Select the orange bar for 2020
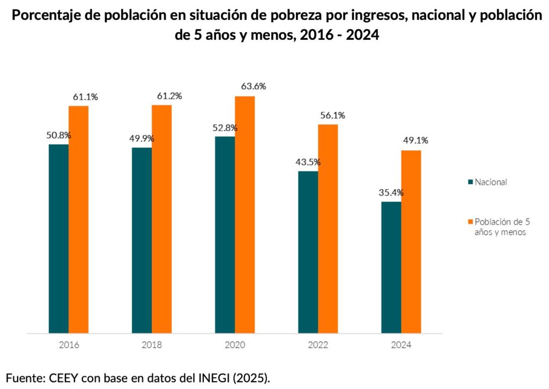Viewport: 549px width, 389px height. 244,215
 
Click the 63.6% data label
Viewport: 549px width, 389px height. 254,86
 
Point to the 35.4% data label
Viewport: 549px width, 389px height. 391,192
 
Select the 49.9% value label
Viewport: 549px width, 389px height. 142,138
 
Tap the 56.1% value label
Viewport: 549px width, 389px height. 332,115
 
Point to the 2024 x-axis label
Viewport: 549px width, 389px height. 401,345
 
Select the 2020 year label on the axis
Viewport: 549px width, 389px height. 235,345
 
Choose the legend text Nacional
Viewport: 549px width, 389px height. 491,182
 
